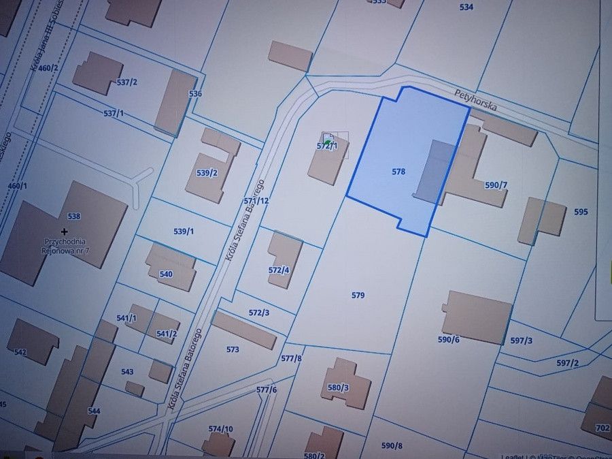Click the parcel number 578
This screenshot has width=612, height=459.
click(x=398, y=172)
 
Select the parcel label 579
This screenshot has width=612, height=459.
click(x=358, y=296)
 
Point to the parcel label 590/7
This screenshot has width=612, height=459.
click(x=496, y=185)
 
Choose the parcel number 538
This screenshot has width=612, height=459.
click(x=73, y=217)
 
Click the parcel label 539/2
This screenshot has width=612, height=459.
click(x=206, y=173)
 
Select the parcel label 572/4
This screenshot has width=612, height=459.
click(x=279, y=270)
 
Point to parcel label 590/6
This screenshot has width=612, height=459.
click(x=448, y=339)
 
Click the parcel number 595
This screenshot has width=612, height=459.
click(x=581, y=212)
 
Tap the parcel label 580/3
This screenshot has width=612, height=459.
click(x=338, y=387)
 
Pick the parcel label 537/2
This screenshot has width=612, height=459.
click(x=126, y=82)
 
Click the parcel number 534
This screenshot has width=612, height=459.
click(x=466, y=7)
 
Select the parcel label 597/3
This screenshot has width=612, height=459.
click(x=521, y=341)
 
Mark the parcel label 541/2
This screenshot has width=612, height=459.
click(x=167, y=333)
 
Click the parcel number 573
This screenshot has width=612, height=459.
click(x=233, y=349)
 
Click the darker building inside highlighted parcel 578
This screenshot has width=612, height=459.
click(x=432, y=172)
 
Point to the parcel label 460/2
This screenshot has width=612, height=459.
click(x=48, y=68)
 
